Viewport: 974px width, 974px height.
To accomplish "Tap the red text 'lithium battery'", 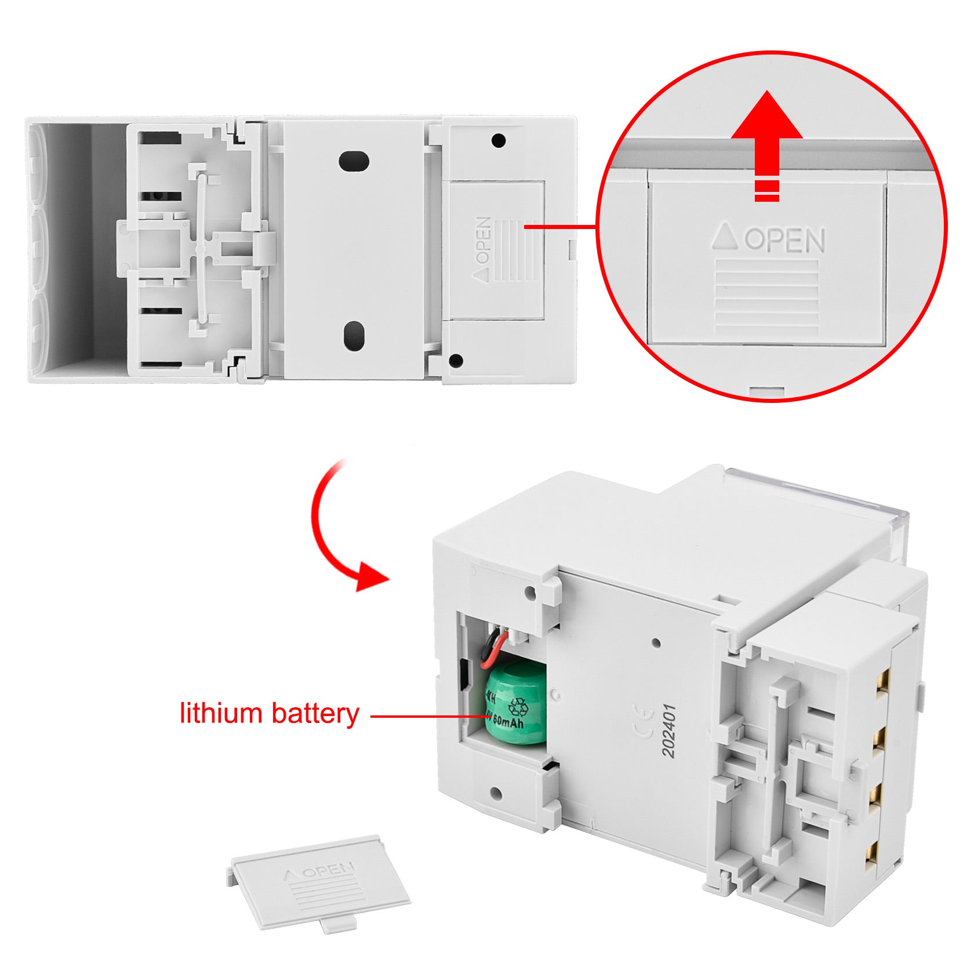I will [270, 713].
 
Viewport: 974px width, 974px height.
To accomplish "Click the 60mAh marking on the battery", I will [508, 723].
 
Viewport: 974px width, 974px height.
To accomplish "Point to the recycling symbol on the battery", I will [518, 706].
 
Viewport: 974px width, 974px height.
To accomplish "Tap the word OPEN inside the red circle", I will [784, 239].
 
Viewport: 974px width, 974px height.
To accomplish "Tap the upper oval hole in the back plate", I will [354, 161].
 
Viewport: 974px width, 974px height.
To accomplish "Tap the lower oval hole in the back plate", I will [354, 336].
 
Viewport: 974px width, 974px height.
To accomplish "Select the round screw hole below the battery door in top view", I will [456, 361].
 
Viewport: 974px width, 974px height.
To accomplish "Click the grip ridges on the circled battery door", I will [766, 297].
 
